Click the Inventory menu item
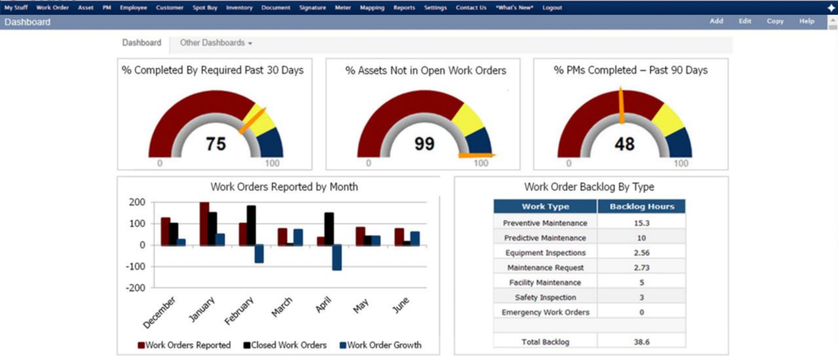coord(239,8)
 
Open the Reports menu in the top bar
coord(404,8)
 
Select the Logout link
coord(552,8)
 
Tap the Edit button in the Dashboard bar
coord(745,21)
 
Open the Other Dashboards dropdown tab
coord(216,43)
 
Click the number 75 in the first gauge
coord(216,144)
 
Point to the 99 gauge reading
coord(424,144)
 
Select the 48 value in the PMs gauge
coord(624,144)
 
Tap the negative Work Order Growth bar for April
coord(337,257)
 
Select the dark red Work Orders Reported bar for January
coord(204,223)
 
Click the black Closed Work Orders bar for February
coord(251,225)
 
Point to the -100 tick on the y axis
coord(135,267)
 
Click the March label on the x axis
coord(282,307)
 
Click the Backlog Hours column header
coord(641,206)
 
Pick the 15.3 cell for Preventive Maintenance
coord(641,223)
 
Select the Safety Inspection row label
coord(545,297)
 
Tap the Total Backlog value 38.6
coord(641,342)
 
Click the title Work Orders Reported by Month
coord(284,187)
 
